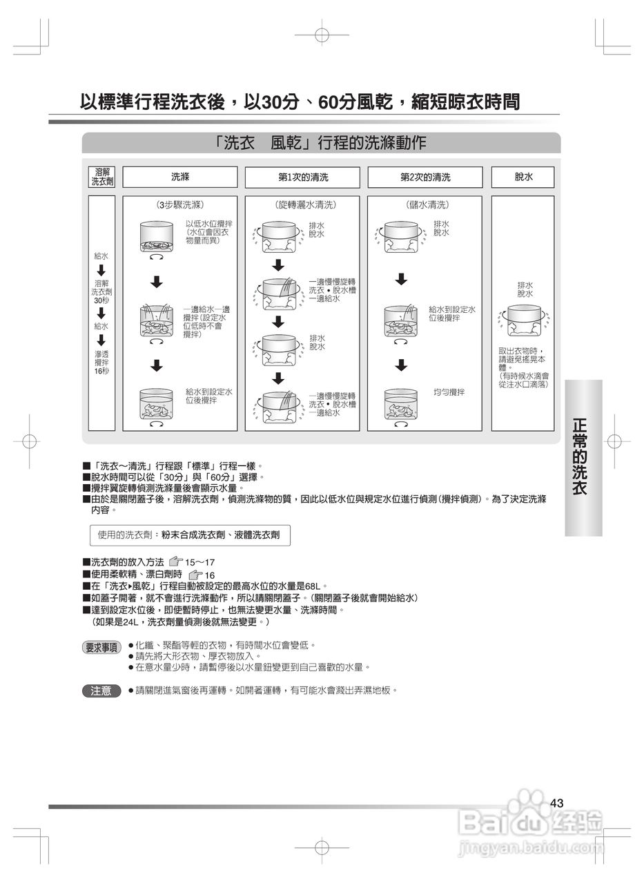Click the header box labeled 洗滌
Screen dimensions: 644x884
(x=180, y=177)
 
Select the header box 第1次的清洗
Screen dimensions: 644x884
(x=302, y=177)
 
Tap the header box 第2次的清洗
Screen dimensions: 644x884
(x=425, y=177)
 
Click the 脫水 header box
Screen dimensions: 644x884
(x=523, y=177)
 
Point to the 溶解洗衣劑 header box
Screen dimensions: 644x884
(x=102, y=177)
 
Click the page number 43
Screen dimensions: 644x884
(x=558, y=803)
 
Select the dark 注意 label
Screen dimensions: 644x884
(x=101, y=691)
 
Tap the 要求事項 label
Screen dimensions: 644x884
(x=101, y=648)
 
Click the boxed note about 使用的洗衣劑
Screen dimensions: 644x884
(x=188, y=535)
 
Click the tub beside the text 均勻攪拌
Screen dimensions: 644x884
(x=400, y=406)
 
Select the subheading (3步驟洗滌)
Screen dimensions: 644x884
(x=180, y=205)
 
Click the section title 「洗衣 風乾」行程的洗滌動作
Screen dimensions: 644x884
(x=320, y=143)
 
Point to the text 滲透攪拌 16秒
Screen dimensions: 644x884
(x=101, y=362)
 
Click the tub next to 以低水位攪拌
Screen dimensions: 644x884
(x=156, y=236)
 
